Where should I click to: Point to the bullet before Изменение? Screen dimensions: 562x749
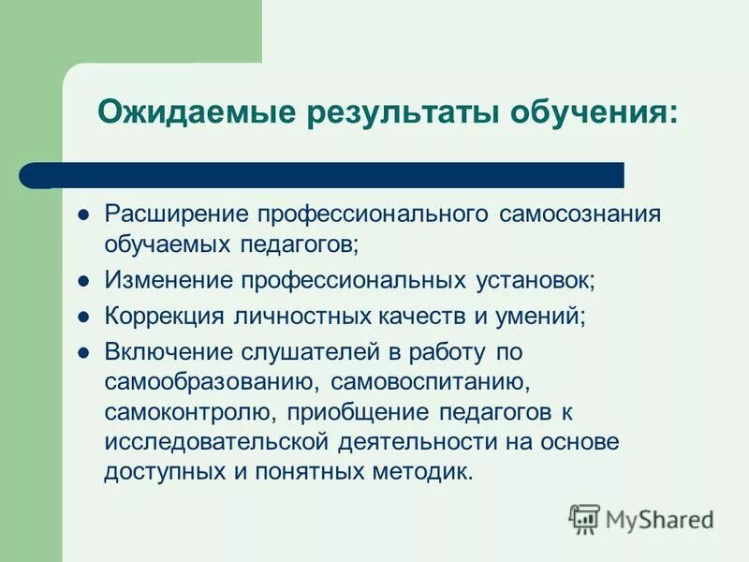coord(82,280)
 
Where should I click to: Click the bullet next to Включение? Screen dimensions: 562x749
coord(82,353)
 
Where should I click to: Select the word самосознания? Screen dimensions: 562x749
coord(580,214)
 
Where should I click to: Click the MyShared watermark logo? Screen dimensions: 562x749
coord(642,518)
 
